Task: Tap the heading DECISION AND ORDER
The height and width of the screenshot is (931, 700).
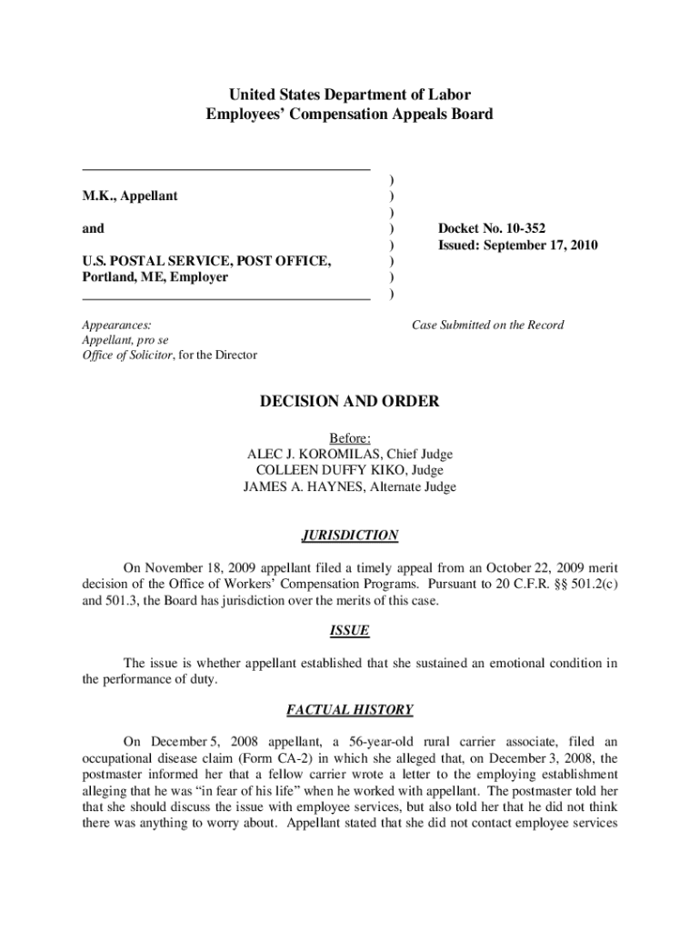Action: point(350,401)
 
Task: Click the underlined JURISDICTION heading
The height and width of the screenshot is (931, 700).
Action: point(350,536)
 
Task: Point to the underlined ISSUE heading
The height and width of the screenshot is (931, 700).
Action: point(350,631)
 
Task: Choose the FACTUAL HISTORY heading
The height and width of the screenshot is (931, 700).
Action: point(350,710)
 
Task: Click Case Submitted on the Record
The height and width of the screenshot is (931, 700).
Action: point(487,325)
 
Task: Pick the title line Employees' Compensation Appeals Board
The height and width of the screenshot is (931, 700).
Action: point(350,115)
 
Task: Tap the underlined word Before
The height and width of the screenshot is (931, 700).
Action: point(348,437)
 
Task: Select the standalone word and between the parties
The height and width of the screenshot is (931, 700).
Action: point(93,228)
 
